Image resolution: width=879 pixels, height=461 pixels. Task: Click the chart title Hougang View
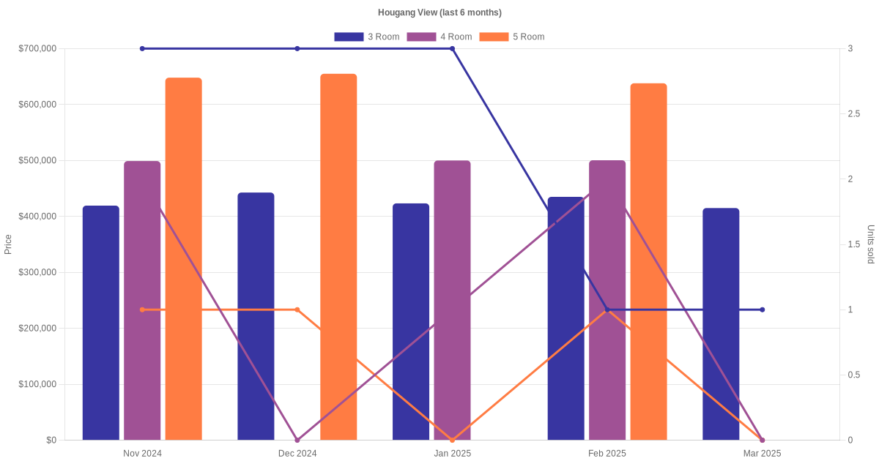coord(439,12)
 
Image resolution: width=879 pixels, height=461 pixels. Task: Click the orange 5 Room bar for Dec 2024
coord(338,256)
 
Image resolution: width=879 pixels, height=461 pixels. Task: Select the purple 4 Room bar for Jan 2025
coord(452,300)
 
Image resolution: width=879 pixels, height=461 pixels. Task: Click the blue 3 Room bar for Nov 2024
coord(101,323)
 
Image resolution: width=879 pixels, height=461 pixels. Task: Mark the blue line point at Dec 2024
coord(297,48)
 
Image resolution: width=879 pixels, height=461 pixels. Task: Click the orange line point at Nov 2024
coord(142,310)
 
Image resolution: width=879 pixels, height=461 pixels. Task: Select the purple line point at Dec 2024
coord(297,440)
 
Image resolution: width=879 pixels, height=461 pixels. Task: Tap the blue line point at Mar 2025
coord(762,310)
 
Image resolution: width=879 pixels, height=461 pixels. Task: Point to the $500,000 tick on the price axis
coord(37,160)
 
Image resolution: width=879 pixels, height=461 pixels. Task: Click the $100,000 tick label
coord(37,384)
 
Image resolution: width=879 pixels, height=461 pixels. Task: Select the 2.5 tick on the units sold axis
coord(854,113)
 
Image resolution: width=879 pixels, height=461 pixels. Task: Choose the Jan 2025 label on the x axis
coord(452,454)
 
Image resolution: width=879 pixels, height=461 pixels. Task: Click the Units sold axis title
coord(870,244)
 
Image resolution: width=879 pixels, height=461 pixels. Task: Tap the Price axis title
coord(8,244)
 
